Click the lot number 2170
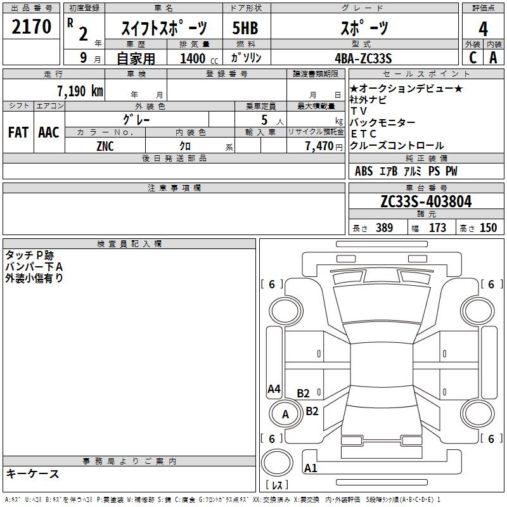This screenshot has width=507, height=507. [32, 29]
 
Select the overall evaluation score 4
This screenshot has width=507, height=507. [483, 29]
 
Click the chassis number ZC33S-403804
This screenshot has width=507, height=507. [426, 202]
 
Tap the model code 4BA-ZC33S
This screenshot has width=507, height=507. [364, 58]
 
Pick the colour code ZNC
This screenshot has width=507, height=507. [106, 146]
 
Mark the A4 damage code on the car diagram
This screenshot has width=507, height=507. [274, 389]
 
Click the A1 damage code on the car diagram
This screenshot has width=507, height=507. [311, 469]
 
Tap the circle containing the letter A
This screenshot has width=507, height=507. [285, 415]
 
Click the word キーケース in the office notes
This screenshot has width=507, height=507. [32, 474]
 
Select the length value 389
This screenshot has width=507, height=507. [383, 228]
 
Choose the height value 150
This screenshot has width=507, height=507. [488, 228]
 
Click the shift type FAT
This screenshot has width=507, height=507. [18, 132]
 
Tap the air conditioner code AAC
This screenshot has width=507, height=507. [48, 132]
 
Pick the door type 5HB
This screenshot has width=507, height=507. [245, 29]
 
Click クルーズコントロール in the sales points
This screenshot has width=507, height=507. [397, 146]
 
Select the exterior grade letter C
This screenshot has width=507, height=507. [472, 58]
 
